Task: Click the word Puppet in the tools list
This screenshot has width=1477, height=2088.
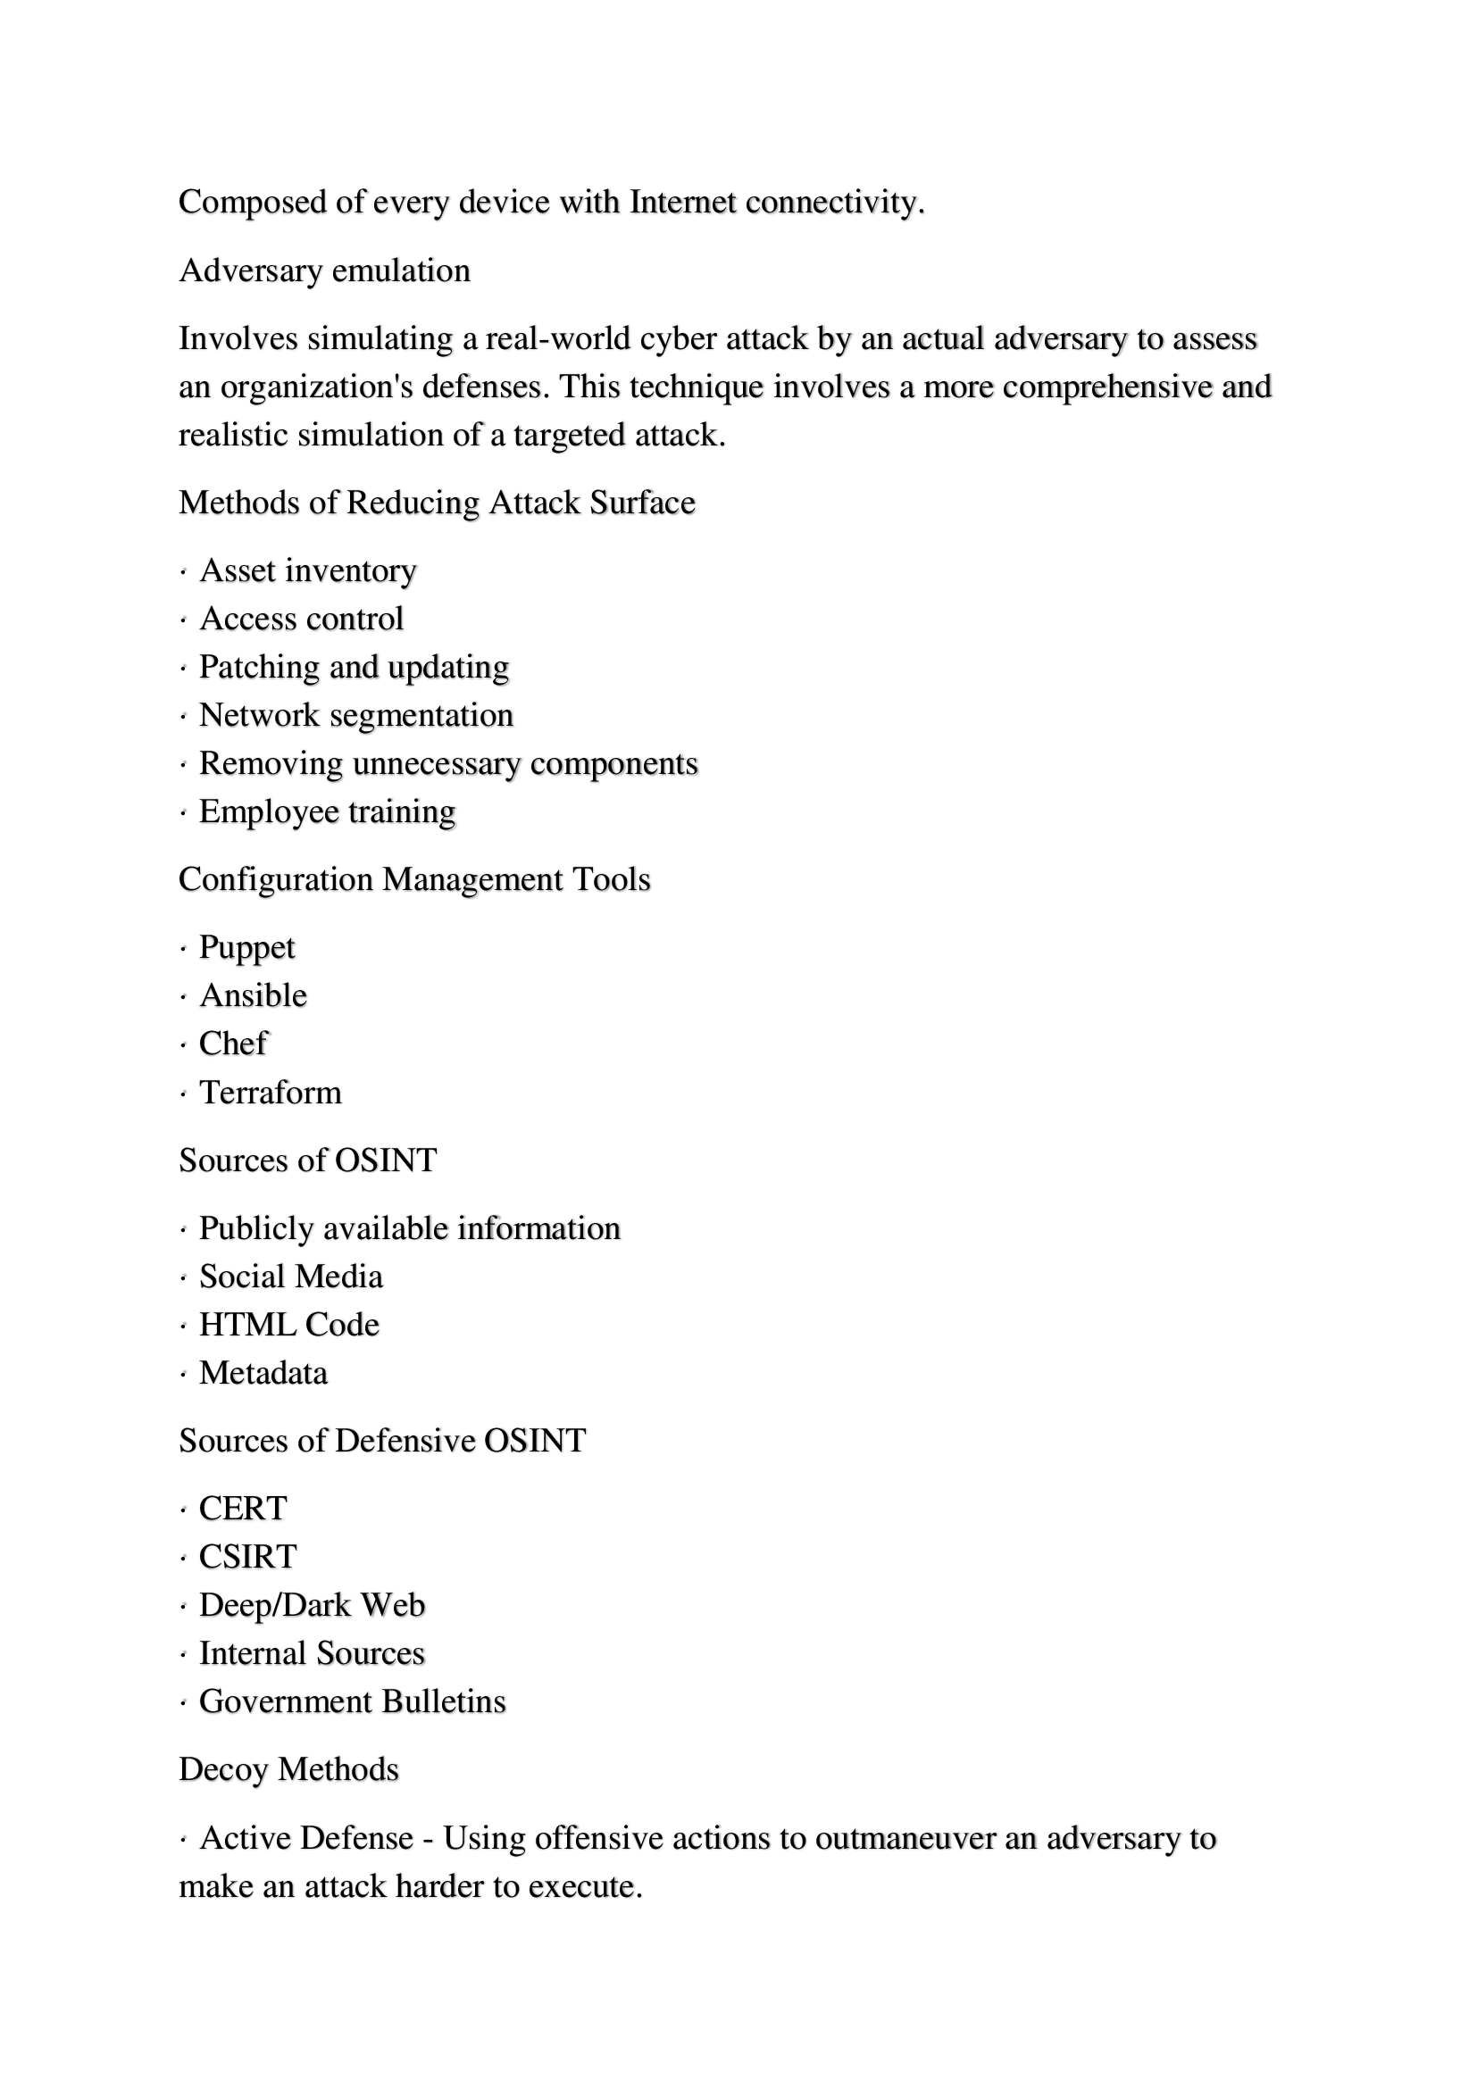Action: pyautogui.click(x=246, y=948)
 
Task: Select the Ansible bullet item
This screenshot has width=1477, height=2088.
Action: pyautogui.click(x=253, y=996)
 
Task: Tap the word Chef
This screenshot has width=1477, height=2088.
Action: pyautogui.click(x=233, y=1044)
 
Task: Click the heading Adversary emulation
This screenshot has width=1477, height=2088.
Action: pyautogui.click(x=325, y=271)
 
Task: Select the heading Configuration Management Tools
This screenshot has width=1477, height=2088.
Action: pyautogui.click(x=414, y=880)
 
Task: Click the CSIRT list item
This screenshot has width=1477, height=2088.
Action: pyautogui.click(x=247, y=1557)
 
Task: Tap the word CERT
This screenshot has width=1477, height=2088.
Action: pyautogui.click(x=243, y=1509)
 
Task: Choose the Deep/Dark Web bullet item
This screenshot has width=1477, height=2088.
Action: pyautogui.click(x=312, y=1605)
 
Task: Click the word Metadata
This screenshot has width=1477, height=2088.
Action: pyautogui.click(x=263, y=1373)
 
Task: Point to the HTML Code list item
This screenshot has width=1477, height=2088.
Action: pyautogui.click(x=289, y=1325)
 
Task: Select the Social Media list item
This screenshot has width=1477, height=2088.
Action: pyautogui.click(x=291, y=1277)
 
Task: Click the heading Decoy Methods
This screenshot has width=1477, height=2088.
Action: pyautogui.click(x=289, y=1769)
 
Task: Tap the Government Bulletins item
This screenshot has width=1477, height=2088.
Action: pyautogui.click(x=352, y=1701)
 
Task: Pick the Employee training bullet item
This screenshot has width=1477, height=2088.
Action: pyautogui.click(x=328, y=812)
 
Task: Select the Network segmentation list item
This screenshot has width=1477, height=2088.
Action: pyautogui.click(x=356, y=716)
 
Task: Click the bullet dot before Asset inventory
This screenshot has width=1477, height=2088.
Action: pyautogui.click(x=183, y=572)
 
